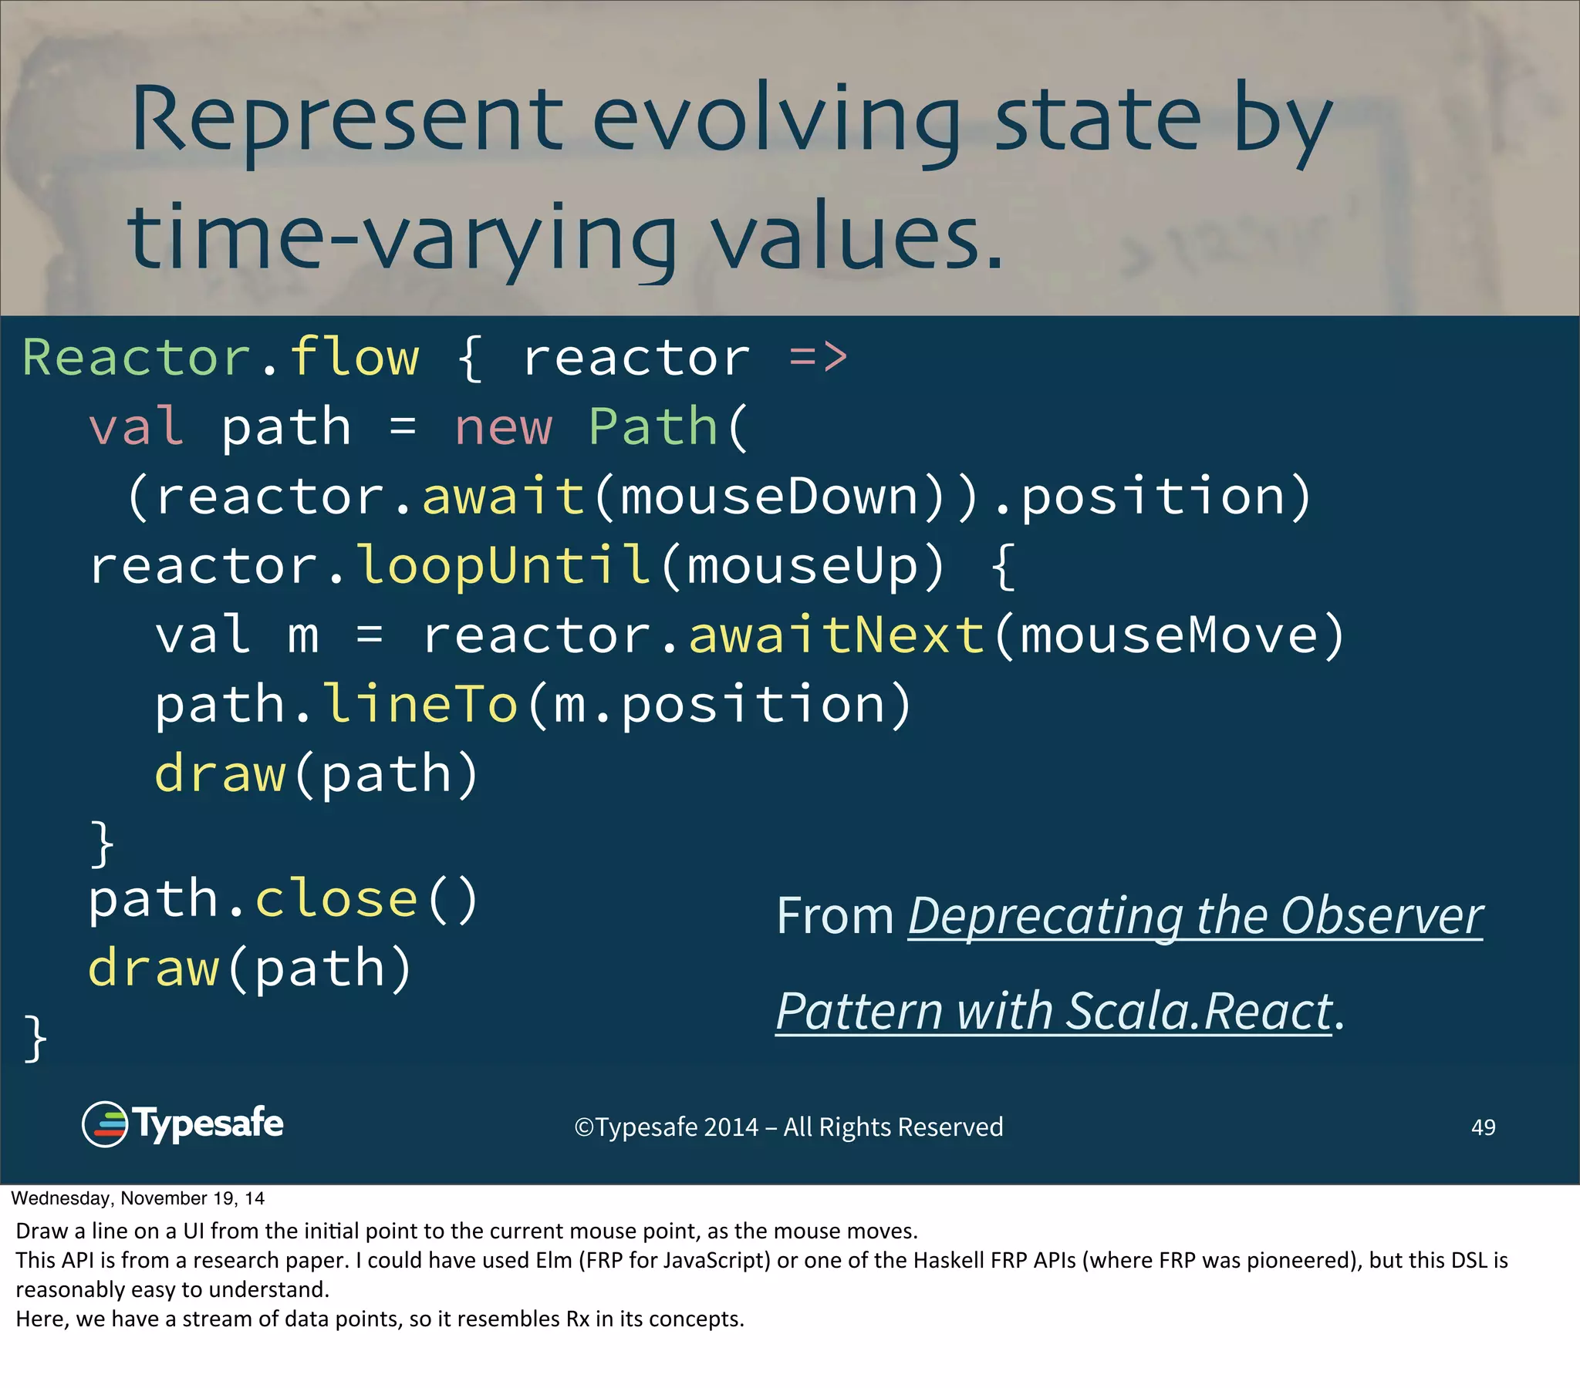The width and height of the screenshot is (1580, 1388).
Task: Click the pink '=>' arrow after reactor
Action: (x=818, y=358)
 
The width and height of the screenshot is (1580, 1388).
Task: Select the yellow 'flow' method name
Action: (x=354, y=358)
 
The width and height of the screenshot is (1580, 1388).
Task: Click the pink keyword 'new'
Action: (x=503, y=427)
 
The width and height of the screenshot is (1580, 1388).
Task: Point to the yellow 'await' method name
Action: (x=503, y=496)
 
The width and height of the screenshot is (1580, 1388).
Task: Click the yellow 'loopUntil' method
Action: (x=503, y=566)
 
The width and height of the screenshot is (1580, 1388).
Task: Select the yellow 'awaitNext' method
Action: (x=836, y=635)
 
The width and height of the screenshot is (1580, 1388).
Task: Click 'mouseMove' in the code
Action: (x=1168, y=635)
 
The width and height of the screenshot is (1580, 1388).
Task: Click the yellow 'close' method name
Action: (x=336, y=900)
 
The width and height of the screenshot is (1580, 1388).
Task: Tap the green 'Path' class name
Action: (x=653, y=427)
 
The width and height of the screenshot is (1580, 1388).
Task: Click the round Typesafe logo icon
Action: (x=104, y=1124)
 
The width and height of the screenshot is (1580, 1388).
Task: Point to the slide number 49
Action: (x=1483, y=1127)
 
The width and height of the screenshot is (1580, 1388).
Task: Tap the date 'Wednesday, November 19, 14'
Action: (x=137, y=1198)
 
